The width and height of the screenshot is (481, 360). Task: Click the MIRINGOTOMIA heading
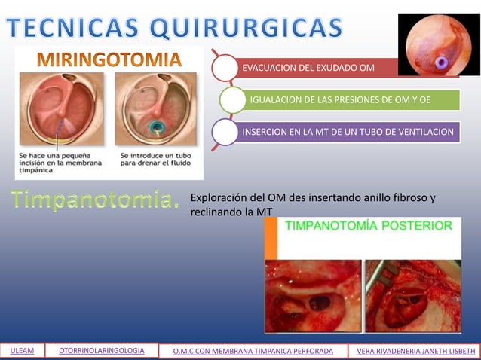click(109, 58)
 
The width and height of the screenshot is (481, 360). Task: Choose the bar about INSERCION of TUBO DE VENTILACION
click(347, 133)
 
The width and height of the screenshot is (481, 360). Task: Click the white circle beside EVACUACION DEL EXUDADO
click(224, 68)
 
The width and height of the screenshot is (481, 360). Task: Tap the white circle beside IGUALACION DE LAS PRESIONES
click(232, 99)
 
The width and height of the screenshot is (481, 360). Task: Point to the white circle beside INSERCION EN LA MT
click(224, 132)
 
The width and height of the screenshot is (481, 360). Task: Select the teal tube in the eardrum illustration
click(159, 127)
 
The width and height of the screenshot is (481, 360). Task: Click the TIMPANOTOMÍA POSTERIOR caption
click(368, 225)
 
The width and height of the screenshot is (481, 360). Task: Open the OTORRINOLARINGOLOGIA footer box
click(102, 350)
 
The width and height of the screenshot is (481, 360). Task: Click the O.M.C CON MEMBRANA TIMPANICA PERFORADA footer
click(253, 350)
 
